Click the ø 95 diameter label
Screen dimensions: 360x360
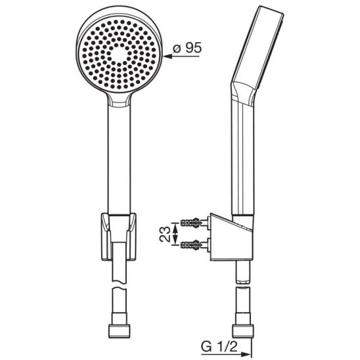point(187,48)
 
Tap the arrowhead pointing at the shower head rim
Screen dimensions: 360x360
point(168,56)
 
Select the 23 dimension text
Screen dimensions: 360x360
point(165,234)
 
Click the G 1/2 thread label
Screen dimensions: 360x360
point(219,346)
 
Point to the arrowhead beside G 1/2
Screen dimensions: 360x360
point(248,354)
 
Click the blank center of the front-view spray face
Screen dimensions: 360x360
point(120,55)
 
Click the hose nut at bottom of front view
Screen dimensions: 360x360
point(120,331)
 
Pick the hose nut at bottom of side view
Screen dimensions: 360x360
point(243,331)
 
